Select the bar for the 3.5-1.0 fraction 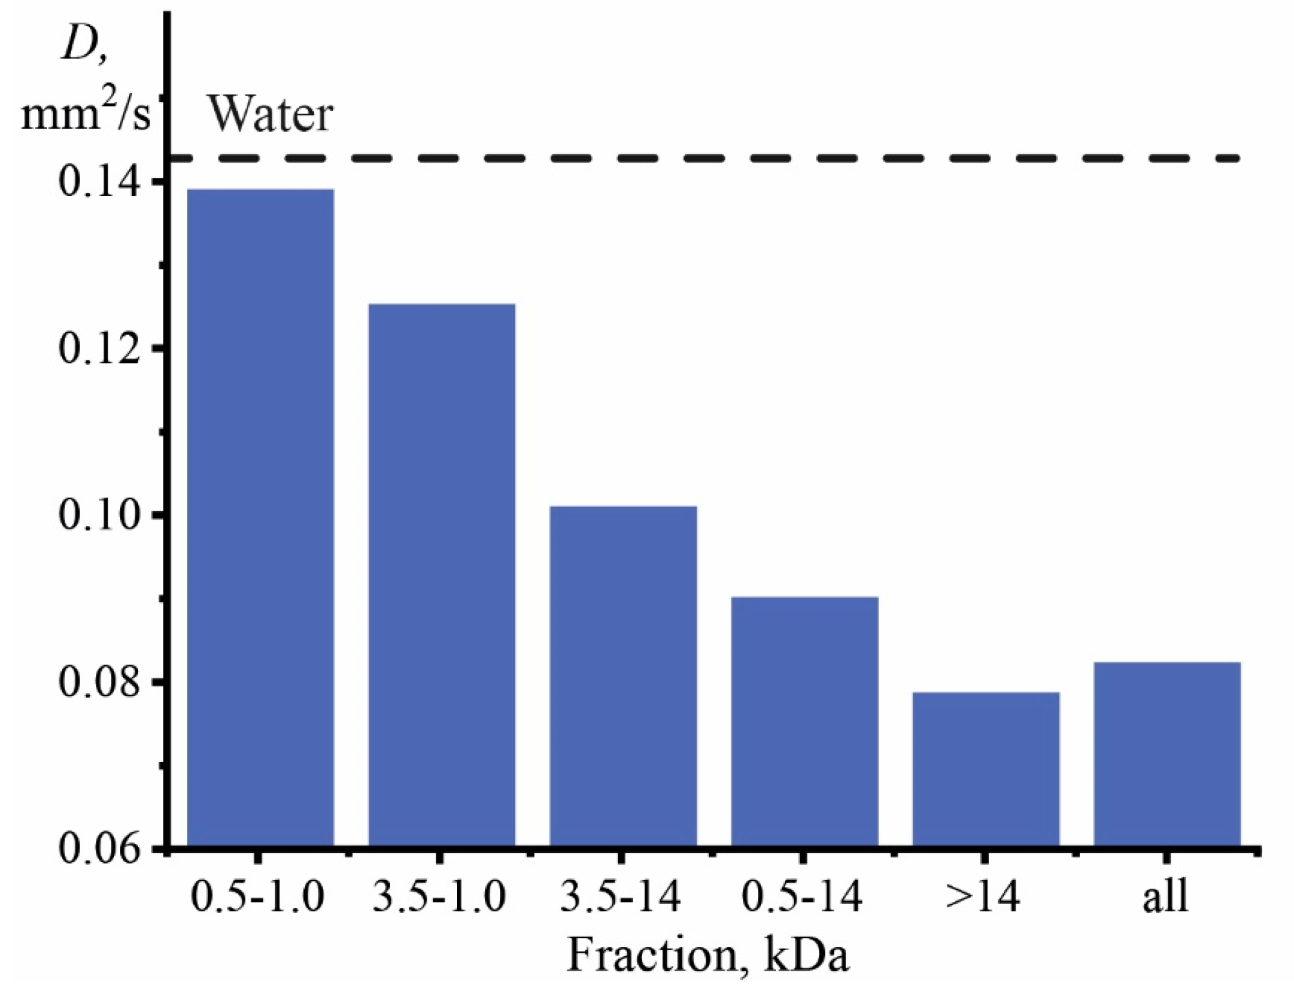pyautogui.click(x=441, y=574)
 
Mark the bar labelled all pyautogui.click(x=1167, y=754)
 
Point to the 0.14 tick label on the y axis pyautogui.click(x=100, y=182)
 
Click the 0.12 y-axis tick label pyautogui.click(x=100, y=349)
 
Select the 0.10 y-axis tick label pyautogui.click(x=100, y=515)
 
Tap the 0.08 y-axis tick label pyautogui.click(x=100, y=681)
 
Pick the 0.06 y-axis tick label pyautogui.click(x=100, y=848)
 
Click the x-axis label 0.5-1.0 pyautogui.click(x=258, y=897)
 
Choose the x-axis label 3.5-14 pyautogui.click(x=620, y=897)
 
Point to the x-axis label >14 pyautogui.click(x=983, y=897)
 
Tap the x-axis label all pyautogui.click(x=1165, y=897)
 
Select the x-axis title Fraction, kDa pyautogui.click(x=708, y=955)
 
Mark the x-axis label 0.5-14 pyautogui.click(x=802, y=897)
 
